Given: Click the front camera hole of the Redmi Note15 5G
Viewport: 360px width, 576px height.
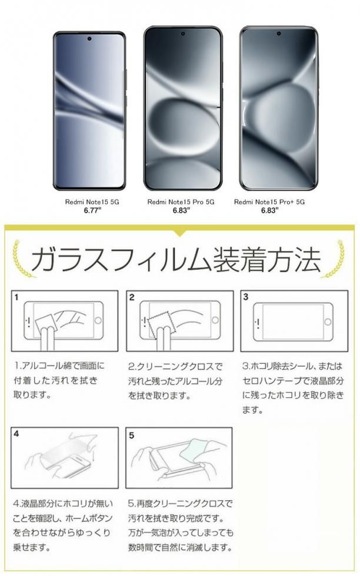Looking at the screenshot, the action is coord(90,38).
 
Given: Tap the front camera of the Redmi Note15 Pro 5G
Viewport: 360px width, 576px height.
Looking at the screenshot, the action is coord(183,34).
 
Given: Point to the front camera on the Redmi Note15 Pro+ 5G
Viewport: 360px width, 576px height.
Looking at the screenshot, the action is coord(279,34).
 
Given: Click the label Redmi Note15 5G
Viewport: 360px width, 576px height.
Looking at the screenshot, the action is coord(92,202).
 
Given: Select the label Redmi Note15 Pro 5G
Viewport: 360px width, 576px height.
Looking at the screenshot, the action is coord(181,202).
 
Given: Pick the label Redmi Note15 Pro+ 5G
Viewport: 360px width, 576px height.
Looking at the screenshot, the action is coord(269,202).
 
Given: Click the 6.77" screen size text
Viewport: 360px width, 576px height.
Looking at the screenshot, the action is coord(92,210).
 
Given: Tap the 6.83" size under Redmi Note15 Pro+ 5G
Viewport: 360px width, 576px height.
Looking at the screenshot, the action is coord(270,210).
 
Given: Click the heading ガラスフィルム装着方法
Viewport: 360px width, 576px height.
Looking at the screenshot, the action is coord(176,259).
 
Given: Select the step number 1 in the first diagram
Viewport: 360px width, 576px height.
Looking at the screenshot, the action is coord(16,297).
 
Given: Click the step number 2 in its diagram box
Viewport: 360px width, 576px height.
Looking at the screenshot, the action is coord(132,297).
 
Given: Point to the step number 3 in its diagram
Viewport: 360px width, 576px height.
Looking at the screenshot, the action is coord(246,297).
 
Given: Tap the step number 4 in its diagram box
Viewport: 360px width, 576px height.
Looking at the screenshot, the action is coord(16,434).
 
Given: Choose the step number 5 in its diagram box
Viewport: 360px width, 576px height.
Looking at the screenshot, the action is coord(132,436).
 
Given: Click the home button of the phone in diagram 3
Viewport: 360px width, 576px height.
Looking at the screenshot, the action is coord(328,322).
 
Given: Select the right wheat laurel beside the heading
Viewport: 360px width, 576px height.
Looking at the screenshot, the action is coord(334,259).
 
